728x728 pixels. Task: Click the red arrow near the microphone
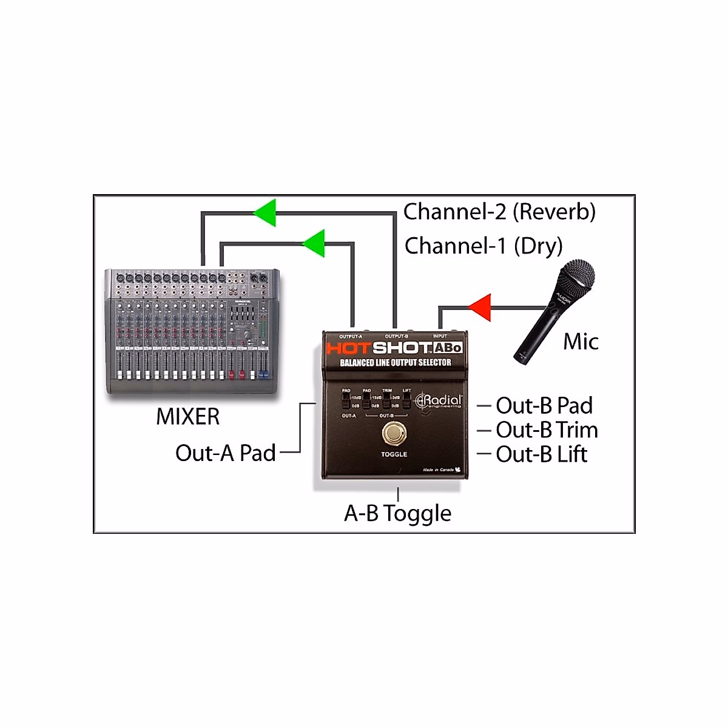(x=481, y=307)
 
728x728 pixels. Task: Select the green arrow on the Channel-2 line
(x=265, y=213)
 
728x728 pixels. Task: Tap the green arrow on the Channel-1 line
(x=314, y=244)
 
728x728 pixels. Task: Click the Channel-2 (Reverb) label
(x=499, y=212)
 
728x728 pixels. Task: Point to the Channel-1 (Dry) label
(x=484, y=246)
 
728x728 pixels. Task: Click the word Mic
(x=581, y=342)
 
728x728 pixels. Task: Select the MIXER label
(x=187, y=417)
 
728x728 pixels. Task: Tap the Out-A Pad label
(x=225, y=453)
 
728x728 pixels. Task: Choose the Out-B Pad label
(x=544, y=405)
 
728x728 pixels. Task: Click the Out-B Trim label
(x=547, y=430)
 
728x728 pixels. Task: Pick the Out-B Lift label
(x=541, y=454)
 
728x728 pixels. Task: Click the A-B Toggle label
(x=397, y=514)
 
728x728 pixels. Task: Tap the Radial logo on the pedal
(x=439, y=402)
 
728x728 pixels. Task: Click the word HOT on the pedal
(x=348, y=348)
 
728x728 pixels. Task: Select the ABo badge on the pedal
(x=448, y=348)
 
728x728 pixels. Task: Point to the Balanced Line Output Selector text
(x=395, y=363)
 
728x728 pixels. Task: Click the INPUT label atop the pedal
(x=440, y=336)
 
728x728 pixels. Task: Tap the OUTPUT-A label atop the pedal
(x=351, y=336)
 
